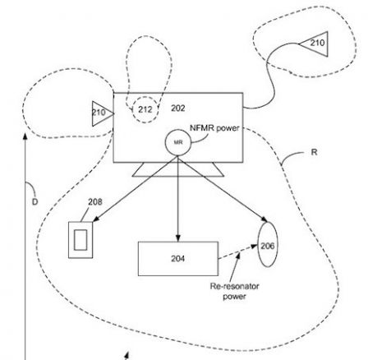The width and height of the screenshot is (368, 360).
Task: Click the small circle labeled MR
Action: [177, 143]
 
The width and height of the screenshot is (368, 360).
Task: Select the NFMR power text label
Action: [213, 128]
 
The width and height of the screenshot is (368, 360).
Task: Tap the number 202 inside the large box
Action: [177, 108]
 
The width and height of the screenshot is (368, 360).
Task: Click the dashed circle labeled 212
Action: [145, 108]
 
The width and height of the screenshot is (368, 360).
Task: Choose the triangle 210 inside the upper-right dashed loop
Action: [315, 42]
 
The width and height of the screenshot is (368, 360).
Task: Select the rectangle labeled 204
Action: [177, 258]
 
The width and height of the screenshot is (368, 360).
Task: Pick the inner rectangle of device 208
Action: [80, 239]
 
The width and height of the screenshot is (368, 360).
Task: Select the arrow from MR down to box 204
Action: [177, 197]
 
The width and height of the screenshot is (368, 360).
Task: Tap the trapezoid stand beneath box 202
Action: [178, 170]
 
